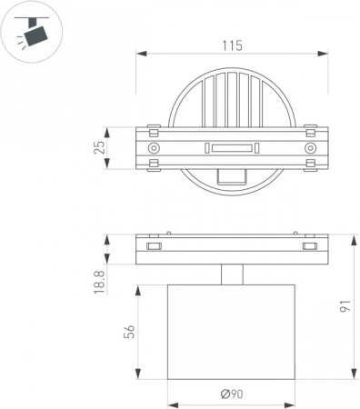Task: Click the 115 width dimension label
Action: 233,45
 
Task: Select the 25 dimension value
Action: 100,147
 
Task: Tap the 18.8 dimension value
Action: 100,283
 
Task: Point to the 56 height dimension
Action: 129,331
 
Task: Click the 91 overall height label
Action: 345,306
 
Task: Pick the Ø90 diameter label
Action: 232,394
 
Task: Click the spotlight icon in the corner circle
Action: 32,32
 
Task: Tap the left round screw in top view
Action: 154,148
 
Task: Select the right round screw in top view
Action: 310,148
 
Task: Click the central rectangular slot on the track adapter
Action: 232,148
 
